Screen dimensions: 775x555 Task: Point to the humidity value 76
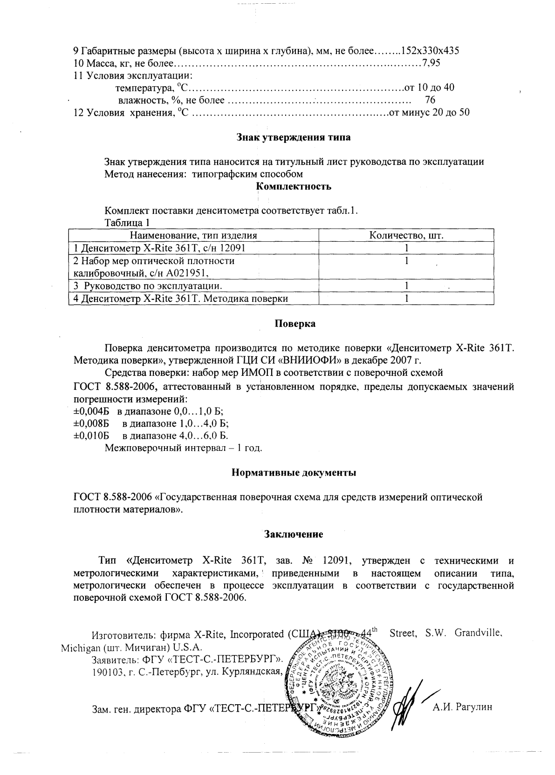pyautogui.click(x=430, y=100)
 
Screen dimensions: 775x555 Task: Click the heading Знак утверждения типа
pyautogui.click(x=294, y=137)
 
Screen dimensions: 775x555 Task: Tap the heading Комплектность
pyautogui.click(x=294, y=187)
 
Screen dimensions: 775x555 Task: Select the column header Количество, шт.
pyautogui.click(x=406, y=236)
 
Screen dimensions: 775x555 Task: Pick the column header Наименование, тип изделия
pyautogui.click(x=193, y=236)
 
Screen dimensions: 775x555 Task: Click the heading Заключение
pyautogui.click(x=294, y=534)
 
